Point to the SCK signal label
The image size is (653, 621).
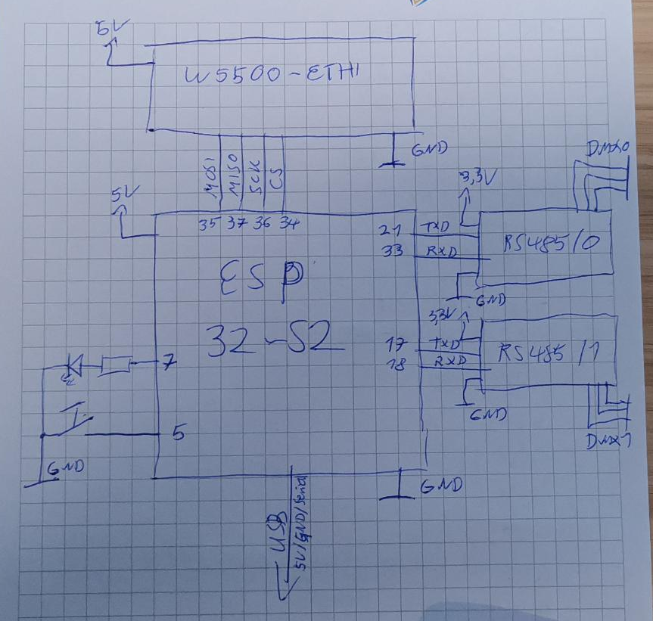click(x=257, y=179)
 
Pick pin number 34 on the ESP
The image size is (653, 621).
click(x=288, y=224)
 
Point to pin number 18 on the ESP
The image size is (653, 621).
click(x=394, y=364)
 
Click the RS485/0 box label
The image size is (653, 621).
click(x=552, y=244)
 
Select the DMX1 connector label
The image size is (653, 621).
click(x=609, y=442)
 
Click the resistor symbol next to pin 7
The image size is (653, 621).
click(x=116, y=365)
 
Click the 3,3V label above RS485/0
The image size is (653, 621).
click(x=478, y=179)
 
